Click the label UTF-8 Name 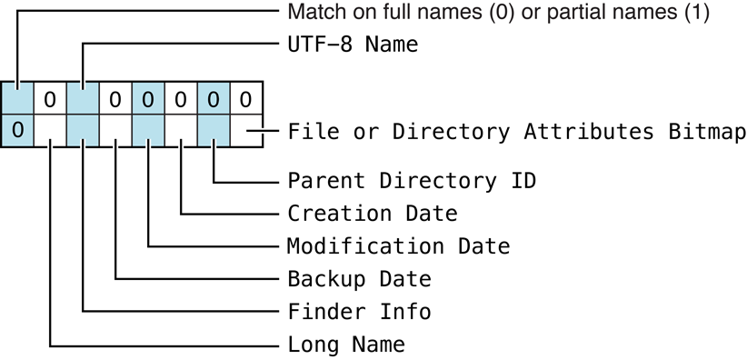point(353,44)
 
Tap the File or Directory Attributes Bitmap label point(516,131)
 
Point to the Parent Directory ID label point(412,180)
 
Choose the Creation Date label point(373,214)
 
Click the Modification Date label point(398,246)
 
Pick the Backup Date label point(359,278)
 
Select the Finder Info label point(359,312)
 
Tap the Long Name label point(346,345)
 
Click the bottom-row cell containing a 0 point(17,130)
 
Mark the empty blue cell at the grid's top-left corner point(17,97)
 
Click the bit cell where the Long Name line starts point(50,130)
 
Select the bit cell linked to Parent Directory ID point(214,130)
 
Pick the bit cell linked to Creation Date point(181,130)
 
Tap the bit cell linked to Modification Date point(148,130)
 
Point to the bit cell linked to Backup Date point(115,130)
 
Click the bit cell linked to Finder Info point(83,130)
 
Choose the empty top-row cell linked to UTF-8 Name point(83,97)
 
